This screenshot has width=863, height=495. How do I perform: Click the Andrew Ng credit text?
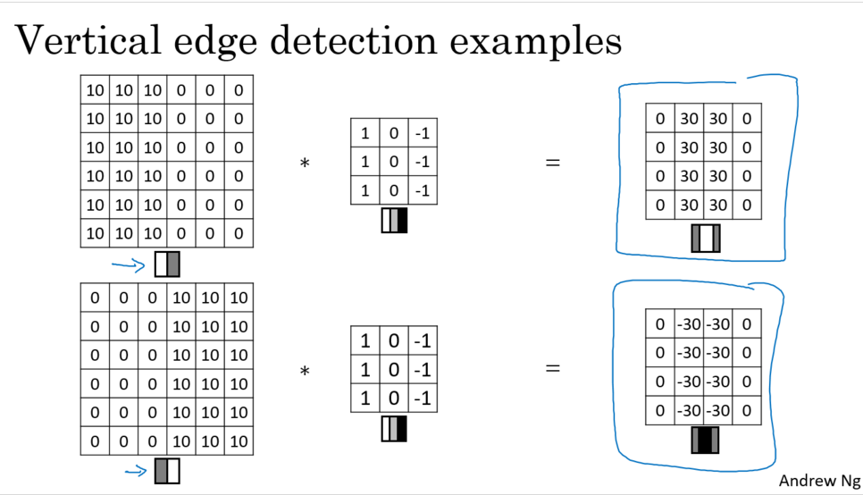[x=817, y=481]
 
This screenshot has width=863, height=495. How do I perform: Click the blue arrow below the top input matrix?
[x=128, y=264]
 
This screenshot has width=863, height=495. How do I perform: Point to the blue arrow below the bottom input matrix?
[x=136, y=472]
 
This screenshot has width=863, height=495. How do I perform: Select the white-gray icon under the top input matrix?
[x=167, y=264]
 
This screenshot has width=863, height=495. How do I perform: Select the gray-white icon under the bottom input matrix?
[x=167, y=471]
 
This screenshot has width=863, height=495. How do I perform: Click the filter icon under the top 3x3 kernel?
[x=394, y=221]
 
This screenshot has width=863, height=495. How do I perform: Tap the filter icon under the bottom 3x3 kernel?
[x=394, y=428]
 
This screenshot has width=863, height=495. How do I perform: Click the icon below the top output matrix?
[x=705, y=239]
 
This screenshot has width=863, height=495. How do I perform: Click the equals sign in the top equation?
[x=553, y=164]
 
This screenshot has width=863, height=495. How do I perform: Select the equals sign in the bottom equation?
[x=553, y=367]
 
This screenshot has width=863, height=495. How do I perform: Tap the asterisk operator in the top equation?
[x=305, y=164]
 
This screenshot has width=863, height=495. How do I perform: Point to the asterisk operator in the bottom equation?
[x=305, y=369]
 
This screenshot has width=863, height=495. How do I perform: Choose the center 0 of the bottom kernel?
[x=394, y=369]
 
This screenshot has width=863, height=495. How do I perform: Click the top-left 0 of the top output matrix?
[x=660, y=118]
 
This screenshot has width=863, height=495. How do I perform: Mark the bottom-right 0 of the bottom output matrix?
[x=747, y=410]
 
